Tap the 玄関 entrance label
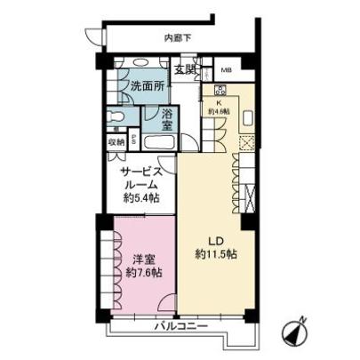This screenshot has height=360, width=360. [x=185, y=70]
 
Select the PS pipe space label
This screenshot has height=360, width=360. [x=133, y=140]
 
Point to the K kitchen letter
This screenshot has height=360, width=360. [x=219, y=101]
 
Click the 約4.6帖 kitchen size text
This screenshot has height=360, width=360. [x=219, y=111]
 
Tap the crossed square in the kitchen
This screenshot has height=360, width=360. [x=247, y=141]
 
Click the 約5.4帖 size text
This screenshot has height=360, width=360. [x=140, y=199]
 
